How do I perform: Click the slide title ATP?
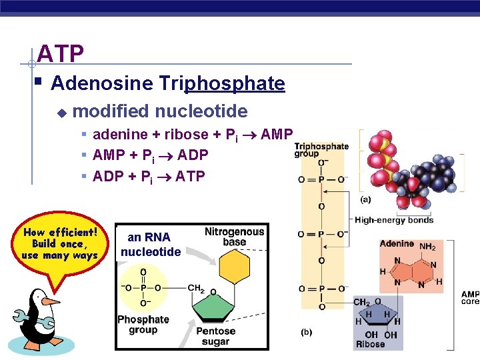[x=60, y=53]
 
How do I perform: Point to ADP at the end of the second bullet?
[x=193, y=155]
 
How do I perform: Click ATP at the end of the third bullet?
[x=190, y=176]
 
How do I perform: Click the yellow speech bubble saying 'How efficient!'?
[x=60, y=244]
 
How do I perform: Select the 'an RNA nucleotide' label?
[x=150, y=244]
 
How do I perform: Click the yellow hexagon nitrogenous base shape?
[x=234, y=268]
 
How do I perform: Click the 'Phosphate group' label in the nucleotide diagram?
[x=143, y=325]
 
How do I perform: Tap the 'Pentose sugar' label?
[x=215, y=336]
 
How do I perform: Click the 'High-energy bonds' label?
[x=394, y=220]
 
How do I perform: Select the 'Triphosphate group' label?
[x=321, y=150]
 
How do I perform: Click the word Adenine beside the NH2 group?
[x=397, y=245]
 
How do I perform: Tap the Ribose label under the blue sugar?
[x=370, y=345]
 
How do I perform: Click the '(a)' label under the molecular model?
[x=365, y=199]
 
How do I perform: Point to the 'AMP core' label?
[x=470, y=298]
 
